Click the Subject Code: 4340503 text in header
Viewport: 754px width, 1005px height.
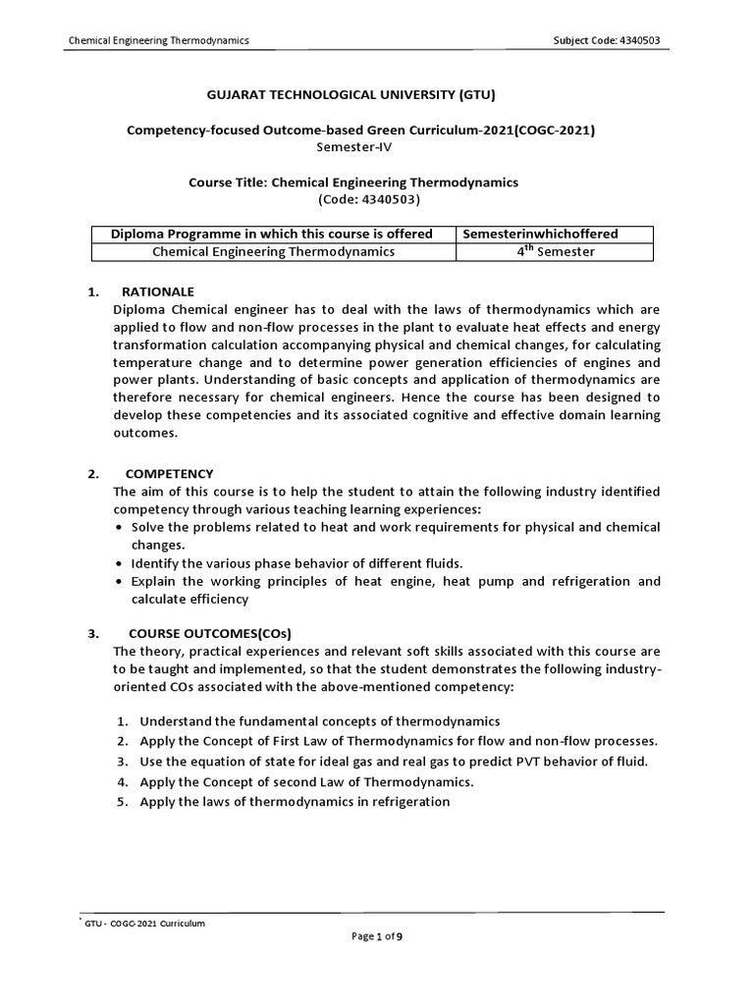(614, 40)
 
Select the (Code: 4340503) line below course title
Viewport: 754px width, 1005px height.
(368, 199)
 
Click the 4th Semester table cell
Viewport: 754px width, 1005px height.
(556, 252)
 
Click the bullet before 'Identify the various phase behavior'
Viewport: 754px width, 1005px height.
(119, 563)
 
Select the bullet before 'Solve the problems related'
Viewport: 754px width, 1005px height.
(119, 527)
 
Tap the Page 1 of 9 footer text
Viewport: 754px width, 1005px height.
(377, 937)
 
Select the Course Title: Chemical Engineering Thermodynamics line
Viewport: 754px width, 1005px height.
(352, 183)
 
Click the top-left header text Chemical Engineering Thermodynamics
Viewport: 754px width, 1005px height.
(158, 40)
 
